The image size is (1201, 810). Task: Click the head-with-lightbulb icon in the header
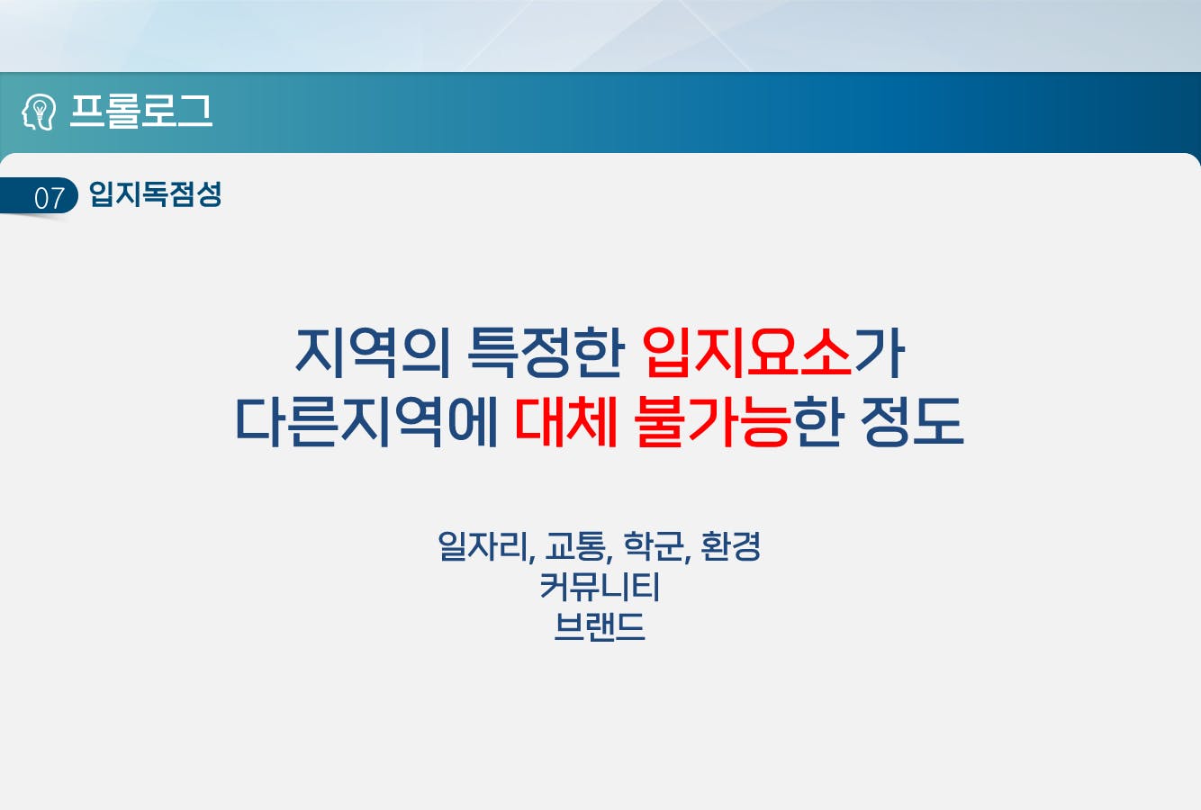click(39, 112)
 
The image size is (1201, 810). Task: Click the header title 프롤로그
click(141, 112)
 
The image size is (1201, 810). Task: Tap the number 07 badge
click(50, 198)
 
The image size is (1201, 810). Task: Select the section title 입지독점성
click(155, 194)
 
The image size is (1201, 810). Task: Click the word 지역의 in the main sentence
click(373, 353)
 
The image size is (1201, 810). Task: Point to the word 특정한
click(546, 353)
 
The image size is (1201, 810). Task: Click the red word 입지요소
click(747, 353)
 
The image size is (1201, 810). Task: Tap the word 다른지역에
click(366, 422)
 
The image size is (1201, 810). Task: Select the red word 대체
click(565, 422)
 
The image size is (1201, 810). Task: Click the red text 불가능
click(713, 422)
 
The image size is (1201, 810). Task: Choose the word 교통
click(576, 546)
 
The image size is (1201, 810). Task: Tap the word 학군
click(654, 546)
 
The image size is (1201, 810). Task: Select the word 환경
click(731, 546)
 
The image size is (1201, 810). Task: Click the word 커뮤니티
click(600, 586)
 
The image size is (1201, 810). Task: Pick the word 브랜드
click(600, 626)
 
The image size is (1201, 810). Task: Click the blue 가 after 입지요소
click(880, 353)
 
